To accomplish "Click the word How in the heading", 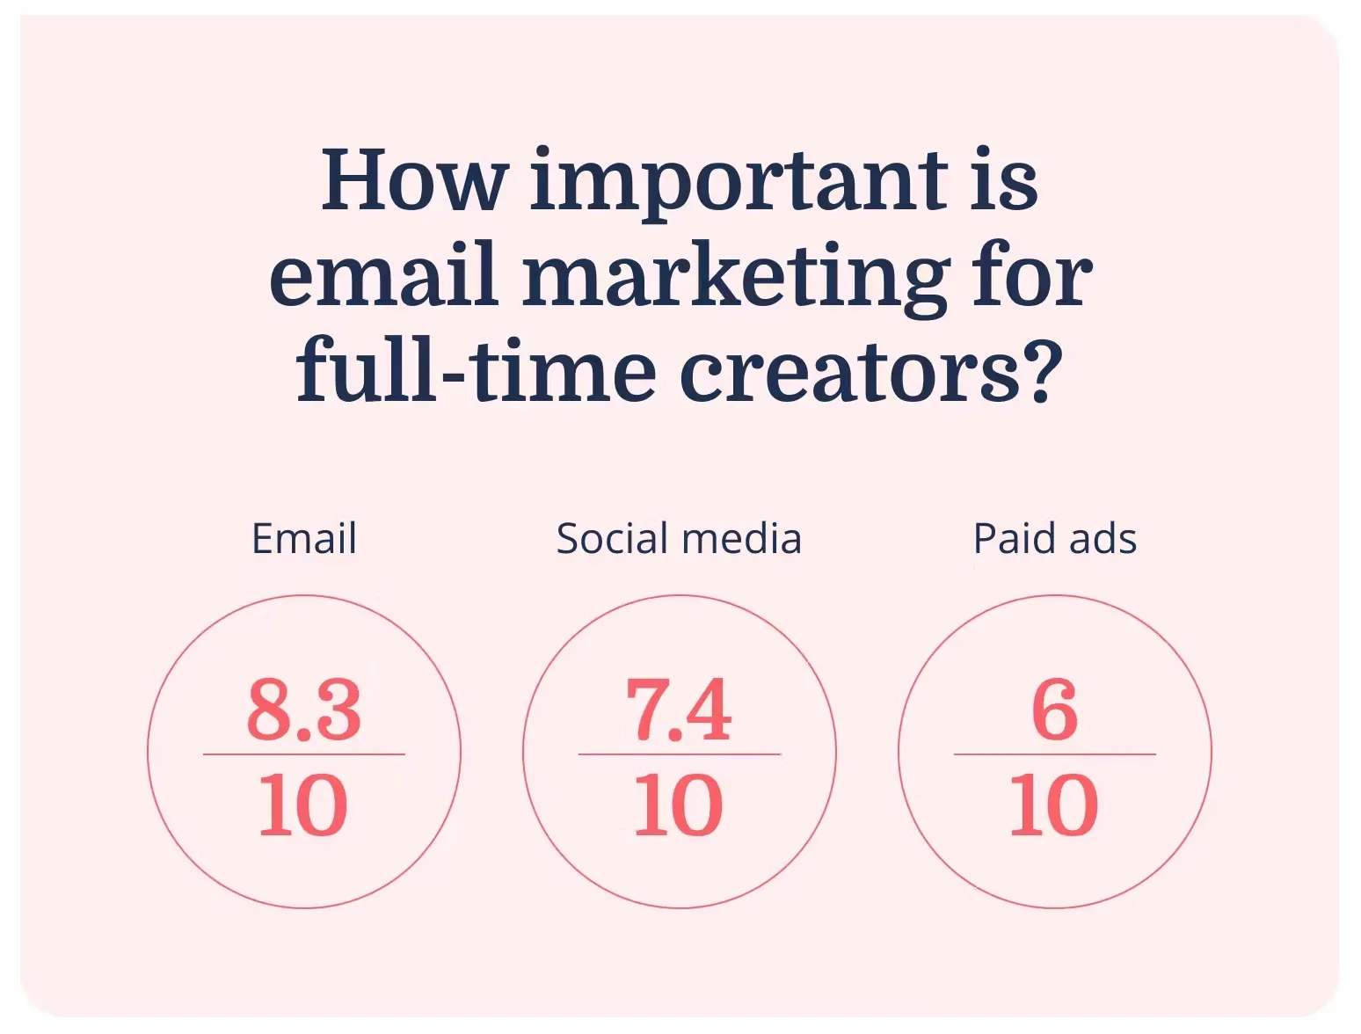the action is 414,178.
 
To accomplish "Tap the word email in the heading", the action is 384,274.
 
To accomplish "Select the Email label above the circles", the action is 304,538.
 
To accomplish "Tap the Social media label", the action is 679,538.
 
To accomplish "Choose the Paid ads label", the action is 1055,538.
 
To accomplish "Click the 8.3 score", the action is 304,710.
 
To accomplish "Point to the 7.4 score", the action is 679,710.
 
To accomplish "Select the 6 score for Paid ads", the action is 1055,710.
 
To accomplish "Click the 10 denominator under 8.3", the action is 303,805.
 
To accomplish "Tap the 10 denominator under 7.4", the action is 679,805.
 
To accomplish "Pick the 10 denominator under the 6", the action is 1054,805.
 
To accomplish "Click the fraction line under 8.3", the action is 304,754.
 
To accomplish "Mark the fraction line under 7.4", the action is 680,754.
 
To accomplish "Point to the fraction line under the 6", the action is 1055,754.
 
